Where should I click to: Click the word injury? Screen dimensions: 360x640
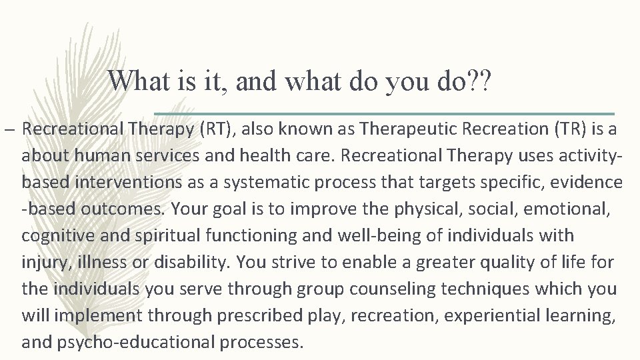(x=41, y=262)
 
